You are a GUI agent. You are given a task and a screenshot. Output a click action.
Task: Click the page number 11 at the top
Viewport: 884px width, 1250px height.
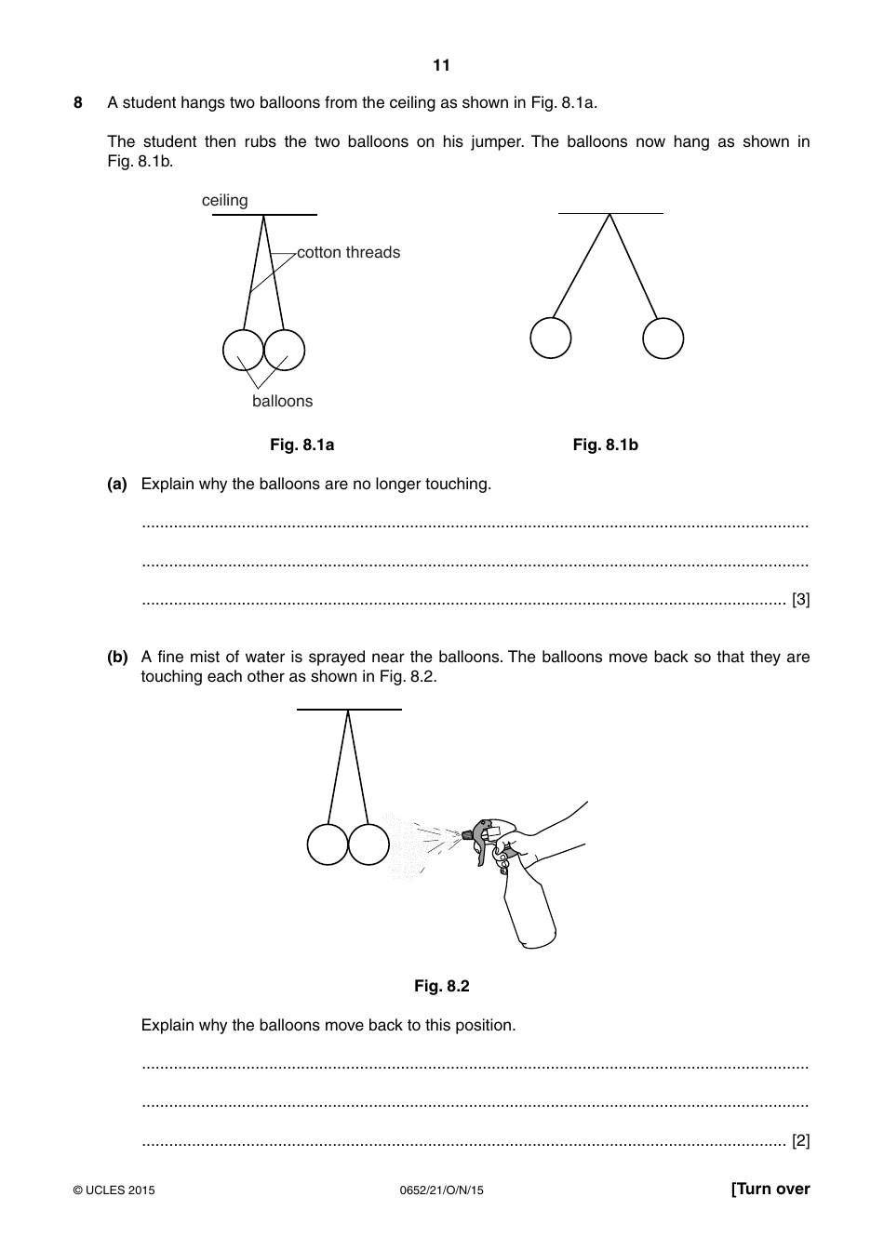click(441, 65)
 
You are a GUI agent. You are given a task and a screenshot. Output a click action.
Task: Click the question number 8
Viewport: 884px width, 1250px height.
click(78, 103)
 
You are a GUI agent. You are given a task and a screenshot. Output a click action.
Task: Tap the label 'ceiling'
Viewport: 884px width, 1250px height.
click(225, 201)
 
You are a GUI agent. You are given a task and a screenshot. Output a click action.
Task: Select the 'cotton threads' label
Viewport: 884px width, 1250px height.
click(348, 253)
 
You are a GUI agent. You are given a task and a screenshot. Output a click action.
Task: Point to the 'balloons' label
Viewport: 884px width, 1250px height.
click(282, 402)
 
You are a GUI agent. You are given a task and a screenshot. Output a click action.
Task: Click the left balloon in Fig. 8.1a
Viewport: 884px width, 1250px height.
click(243, 351)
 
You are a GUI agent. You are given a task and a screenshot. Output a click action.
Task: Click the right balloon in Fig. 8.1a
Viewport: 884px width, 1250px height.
click(285, 351)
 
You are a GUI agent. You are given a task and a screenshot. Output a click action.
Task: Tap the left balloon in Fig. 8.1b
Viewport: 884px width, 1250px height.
click(551, 338)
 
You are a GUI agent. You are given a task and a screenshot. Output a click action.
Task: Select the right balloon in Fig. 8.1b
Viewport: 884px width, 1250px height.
click(663, 339)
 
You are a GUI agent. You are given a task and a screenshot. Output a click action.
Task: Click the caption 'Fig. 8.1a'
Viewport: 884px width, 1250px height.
click(301, 445)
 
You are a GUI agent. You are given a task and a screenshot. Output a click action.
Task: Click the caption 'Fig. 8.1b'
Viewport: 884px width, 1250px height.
click(605, 445)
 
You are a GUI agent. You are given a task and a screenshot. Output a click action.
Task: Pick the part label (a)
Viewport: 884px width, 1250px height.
click(117, 485)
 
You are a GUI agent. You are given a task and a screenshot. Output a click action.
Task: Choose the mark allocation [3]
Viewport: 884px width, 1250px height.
click(800, 600)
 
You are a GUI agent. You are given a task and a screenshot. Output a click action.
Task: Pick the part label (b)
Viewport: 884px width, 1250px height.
click(117, 658)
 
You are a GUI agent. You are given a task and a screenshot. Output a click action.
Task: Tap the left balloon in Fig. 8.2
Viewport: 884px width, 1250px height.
click(328, 844)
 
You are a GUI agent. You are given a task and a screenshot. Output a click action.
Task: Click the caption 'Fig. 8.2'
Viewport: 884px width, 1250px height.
click(441, 987)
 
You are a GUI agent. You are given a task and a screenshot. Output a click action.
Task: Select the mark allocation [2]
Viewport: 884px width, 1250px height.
click(800, 1141)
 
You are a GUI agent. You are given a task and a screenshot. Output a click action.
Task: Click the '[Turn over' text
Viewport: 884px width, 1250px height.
click(770, 1190)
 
